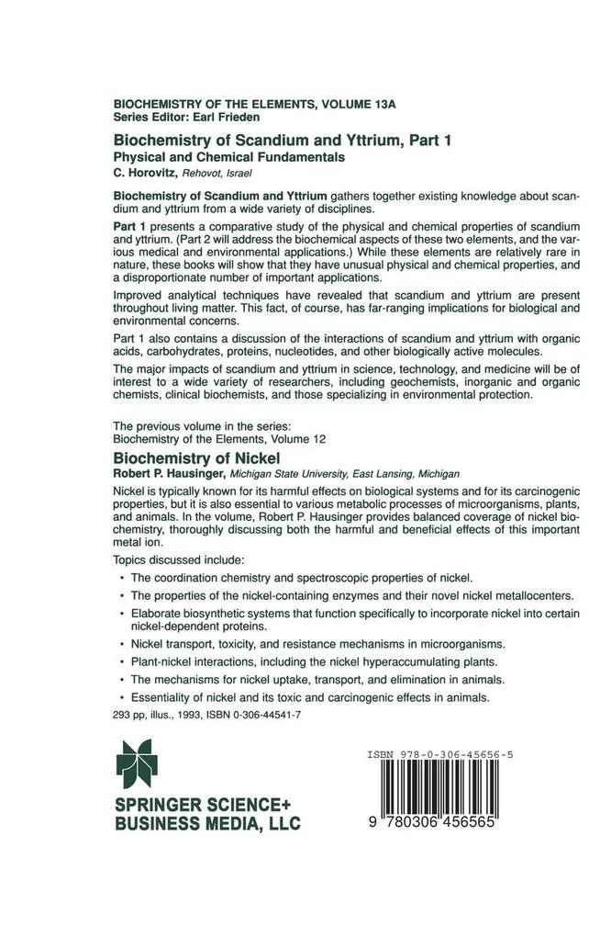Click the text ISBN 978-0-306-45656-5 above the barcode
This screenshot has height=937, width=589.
439,754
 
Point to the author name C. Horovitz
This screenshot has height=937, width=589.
145,172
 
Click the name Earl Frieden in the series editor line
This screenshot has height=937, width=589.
226,118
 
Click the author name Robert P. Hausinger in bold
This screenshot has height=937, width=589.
169,474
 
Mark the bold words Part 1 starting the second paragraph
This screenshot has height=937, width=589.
130,226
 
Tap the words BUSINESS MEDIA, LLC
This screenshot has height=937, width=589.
206,824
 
